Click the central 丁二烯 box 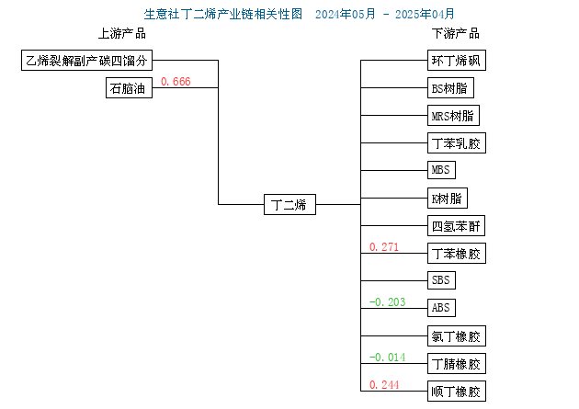(x=289, y=204)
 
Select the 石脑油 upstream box (x=129, y=88)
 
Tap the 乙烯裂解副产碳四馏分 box (x=86, y=60)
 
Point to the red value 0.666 (x=176, y=82)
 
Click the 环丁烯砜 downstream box (x=457, y=60)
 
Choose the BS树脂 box (x=450, y=88)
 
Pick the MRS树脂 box (x=453, y=116)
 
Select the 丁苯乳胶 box (x=457, y=142)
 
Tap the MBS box (x=441, y=170)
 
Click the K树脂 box (x=448, y=199)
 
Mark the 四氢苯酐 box (x=456, y=225)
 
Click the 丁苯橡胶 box (x=457, y=254)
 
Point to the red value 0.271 (x=384, y=247)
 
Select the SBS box (x=441, y=280)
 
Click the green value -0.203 (x=387, y=302)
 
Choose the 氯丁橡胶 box (x=457, y=335)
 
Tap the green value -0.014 (x=387, y=358)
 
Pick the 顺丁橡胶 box (x=457, y=392)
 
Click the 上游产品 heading (x=122, y=34)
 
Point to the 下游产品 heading (x=456, y=34)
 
